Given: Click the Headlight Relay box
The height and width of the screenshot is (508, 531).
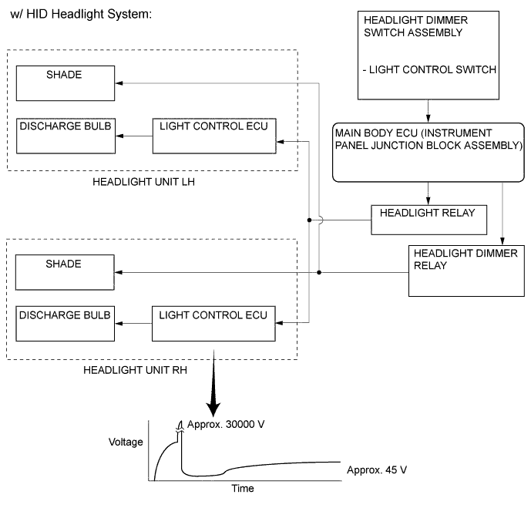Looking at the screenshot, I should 428,220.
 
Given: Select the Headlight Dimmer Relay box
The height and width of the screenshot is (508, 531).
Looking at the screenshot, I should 466,271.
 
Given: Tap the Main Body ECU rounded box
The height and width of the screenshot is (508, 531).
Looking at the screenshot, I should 428,151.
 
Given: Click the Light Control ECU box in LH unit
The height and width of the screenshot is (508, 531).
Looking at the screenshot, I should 213,135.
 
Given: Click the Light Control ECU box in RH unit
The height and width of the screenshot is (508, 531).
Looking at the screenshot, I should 213,325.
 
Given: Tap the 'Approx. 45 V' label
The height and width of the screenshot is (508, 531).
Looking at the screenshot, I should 376,469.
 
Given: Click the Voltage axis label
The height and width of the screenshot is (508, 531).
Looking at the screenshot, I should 126,442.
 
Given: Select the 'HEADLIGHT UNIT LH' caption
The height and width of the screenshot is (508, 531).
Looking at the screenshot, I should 143,183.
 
